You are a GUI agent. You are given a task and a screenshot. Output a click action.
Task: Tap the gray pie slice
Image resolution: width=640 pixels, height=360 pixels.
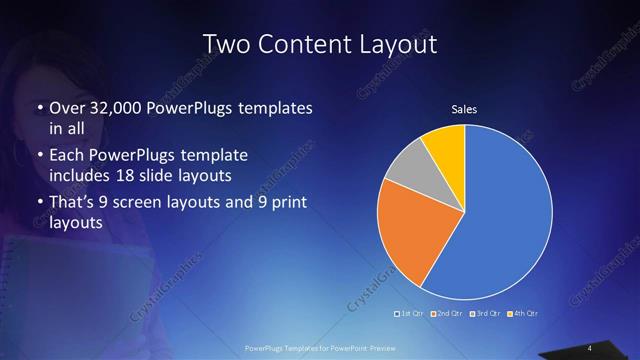coord(408,169)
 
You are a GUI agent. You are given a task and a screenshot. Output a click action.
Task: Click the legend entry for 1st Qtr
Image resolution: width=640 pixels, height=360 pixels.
coord(412,315)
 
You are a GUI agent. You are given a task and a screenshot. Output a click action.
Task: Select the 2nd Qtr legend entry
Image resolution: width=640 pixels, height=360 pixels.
coord(447,315)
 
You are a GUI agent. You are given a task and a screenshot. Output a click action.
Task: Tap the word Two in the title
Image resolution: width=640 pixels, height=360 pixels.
coord(226,44)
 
